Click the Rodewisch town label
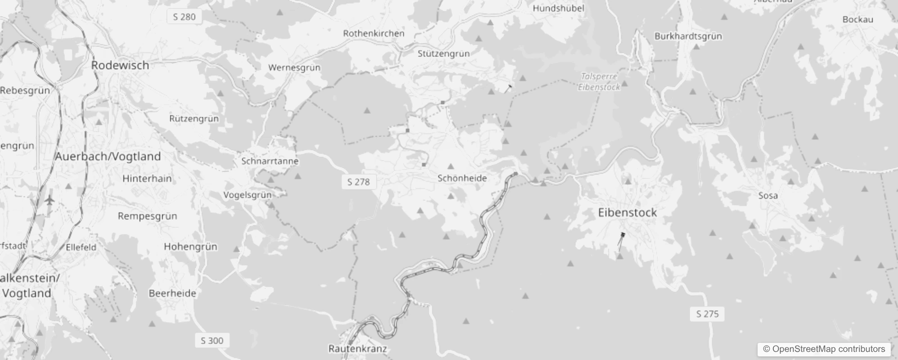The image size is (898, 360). (x=120, y=65)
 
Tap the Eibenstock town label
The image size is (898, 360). (x=627, y=213)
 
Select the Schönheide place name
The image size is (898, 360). (x=462, y=178)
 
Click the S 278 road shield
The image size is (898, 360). (x=359, y=182)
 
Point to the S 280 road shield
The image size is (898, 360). (x=184, y=17)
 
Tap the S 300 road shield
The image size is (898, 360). (x=212, y=340)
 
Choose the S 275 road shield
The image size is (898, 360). (x=707, y=314)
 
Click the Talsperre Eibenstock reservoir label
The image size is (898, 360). (x=599, y=82)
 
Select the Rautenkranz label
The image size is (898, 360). (x=357, y=349)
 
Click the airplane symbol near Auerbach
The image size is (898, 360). (x=49, y=200)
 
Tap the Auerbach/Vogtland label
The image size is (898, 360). (x=108, y=157)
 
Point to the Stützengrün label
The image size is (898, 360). (x=443, y=54)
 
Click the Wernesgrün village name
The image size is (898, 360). (x=294, y=67)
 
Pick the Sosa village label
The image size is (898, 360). (x=768, y=196)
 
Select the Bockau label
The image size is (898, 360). (x=858, y=19)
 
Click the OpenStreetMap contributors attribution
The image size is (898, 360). (x=824, y=349)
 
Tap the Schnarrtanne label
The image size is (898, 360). (x=270, y=161)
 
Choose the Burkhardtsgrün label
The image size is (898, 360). (x=688, y=36)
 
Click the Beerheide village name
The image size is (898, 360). (x=172, y=293)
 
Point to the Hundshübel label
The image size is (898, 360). (x=558, y=8)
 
